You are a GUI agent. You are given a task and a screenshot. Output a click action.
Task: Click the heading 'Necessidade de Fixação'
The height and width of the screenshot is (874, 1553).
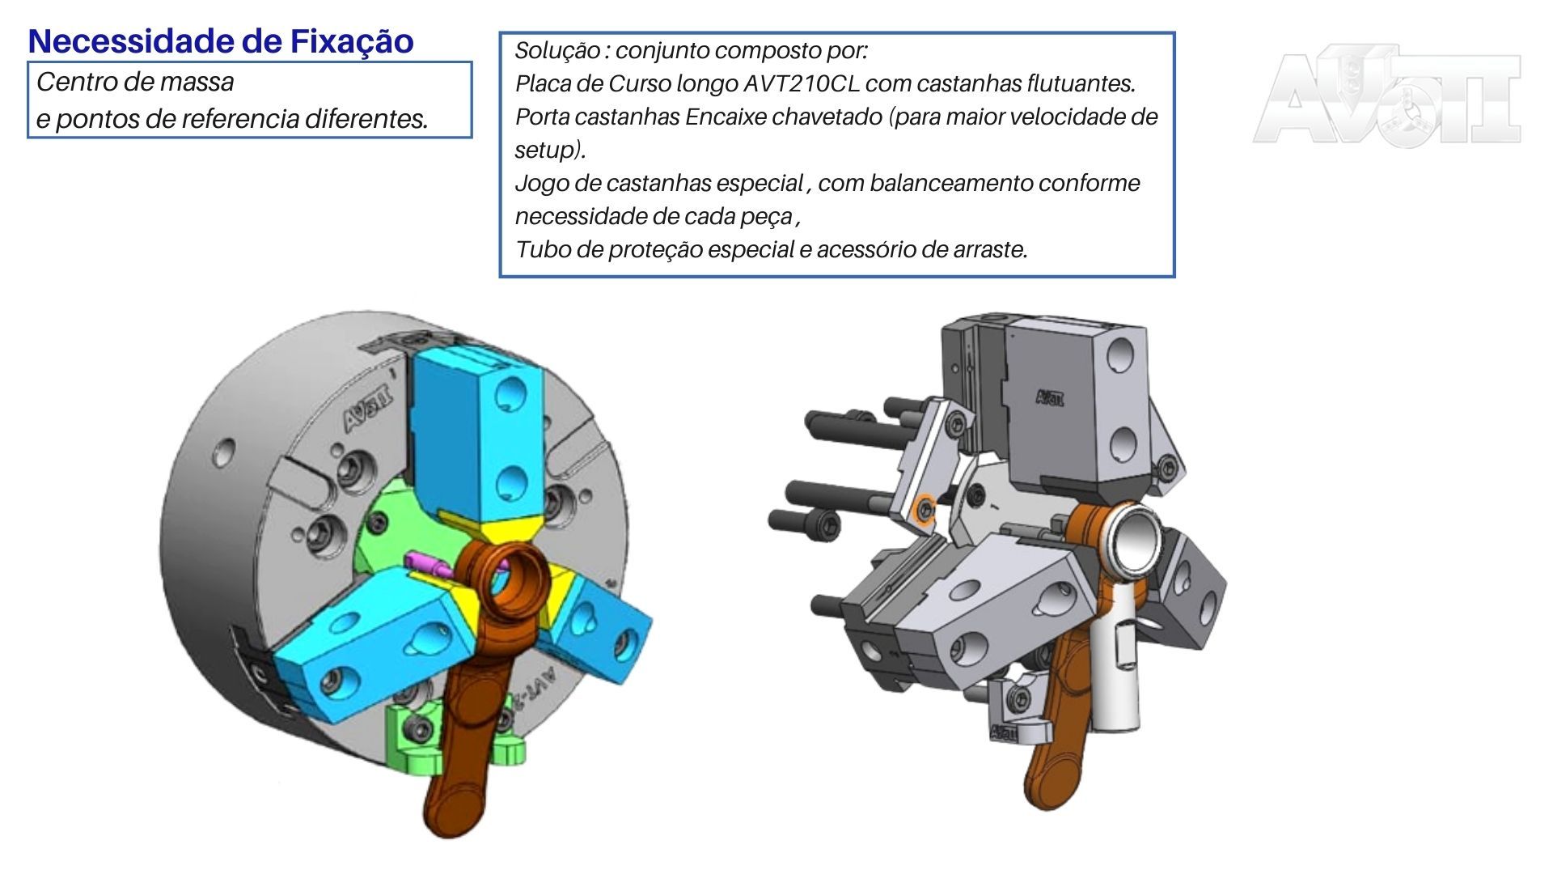point(220,41)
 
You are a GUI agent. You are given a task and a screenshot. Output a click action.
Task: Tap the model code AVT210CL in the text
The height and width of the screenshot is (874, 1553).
point(801,83)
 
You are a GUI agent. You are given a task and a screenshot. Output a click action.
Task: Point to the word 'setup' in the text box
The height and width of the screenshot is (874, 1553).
point(546,150)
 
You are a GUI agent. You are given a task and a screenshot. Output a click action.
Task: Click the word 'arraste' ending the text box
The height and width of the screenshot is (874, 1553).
point(992,249)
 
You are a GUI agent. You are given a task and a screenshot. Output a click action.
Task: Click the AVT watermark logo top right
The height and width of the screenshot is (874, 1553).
point(1386,95)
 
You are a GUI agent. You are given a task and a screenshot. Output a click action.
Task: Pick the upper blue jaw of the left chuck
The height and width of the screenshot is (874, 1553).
point(477,429)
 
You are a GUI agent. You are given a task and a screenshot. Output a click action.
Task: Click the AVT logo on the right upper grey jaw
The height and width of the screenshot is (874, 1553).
point(1050,397)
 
